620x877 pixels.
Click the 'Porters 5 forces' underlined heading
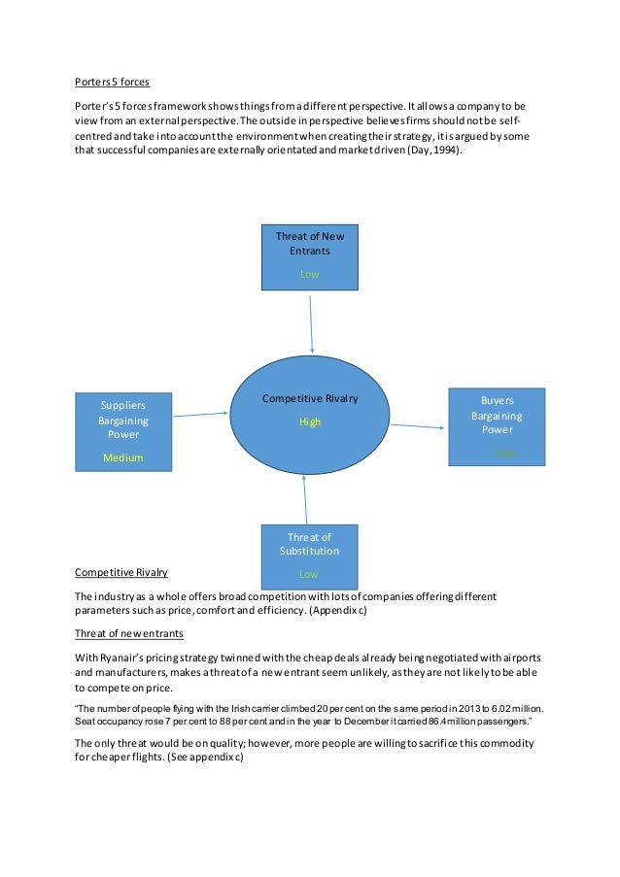[112, 82]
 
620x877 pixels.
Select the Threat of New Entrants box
[309, 255]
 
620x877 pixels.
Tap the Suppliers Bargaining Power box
[123, 431]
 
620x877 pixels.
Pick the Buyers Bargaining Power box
[496, 425]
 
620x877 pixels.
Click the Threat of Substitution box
[309, 555]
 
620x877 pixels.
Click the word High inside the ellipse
[309, 422]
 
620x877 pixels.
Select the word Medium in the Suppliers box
[123, 457]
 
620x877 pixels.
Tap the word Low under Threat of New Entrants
[309, 275]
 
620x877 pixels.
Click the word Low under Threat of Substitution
[309, 574]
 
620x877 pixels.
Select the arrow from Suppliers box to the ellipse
[200, 415]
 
